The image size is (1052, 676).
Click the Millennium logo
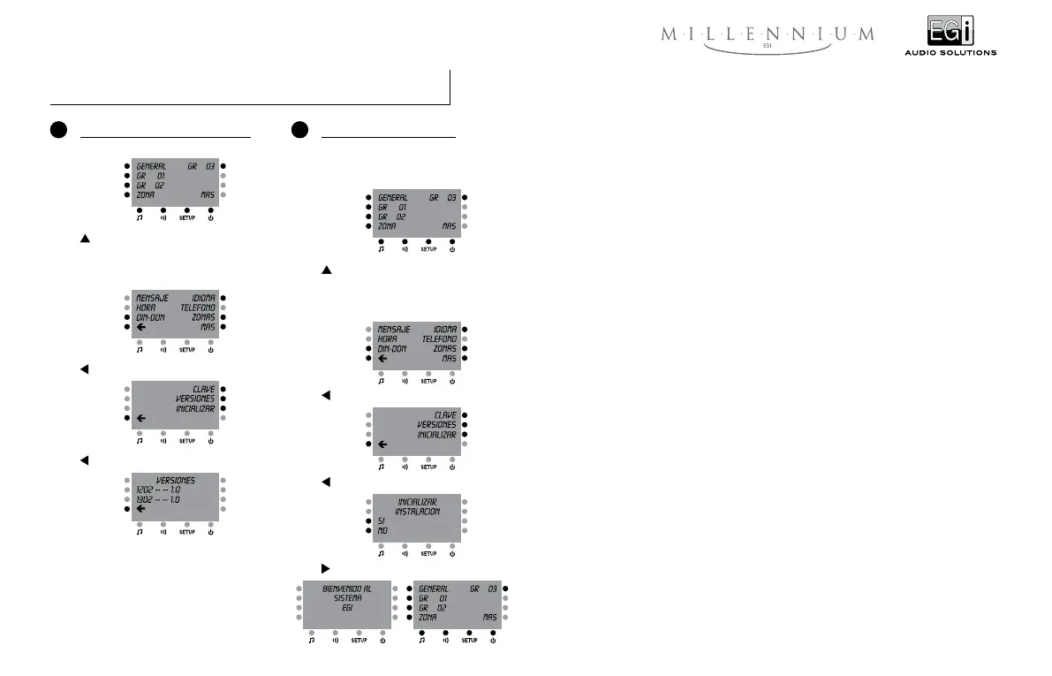click(x=768, y=36)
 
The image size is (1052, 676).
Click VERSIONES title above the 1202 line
click(x=176, y=480)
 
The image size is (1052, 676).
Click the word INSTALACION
click(x=417, y=512)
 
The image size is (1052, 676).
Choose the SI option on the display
click(x=382, y=521)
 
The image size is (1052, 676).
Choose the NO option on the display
click(x=382, y=531)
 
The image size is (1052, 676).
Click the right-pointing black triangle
click(x=325, y=566)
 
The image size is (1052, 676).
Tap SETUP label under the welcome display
click(x=359, y=641)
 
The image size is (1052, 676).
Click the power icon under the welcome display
click(x=382, y=641)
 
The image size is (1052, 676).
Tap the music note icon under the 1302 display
click(x=140, y=532)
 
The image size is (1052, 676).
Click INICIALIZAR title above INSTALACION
click(x=417, y=502)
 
